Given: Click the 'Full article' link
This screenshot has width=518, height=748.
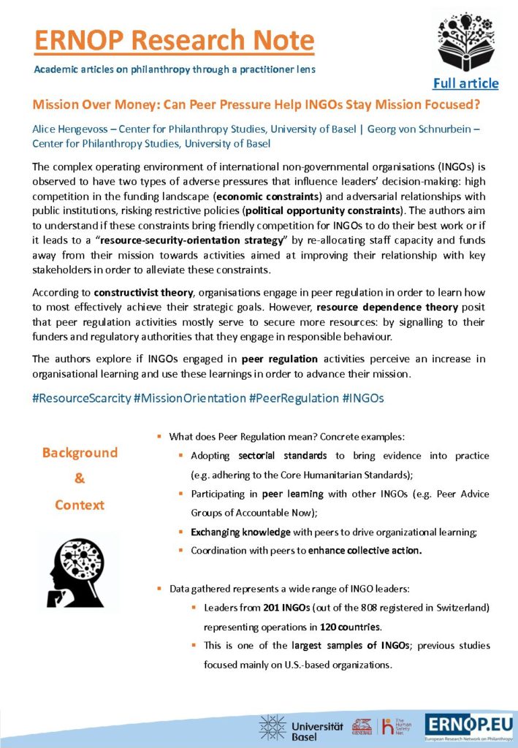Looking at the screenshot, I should (465, 83).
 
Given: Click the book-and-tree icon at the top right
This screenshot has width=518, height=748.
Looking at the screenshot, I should (465, 41).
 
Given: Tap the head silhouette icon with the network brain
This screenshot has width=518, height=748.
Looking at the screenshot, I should (79, 570).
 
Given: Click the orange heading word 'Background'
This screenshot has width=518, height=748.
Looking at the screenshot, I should (80, 452).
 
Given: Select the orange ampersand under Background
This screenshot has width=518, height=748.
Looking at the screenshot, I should (80, 478).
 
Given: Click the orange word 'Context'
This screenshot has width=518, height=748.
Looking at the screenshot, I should (80, 505).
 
